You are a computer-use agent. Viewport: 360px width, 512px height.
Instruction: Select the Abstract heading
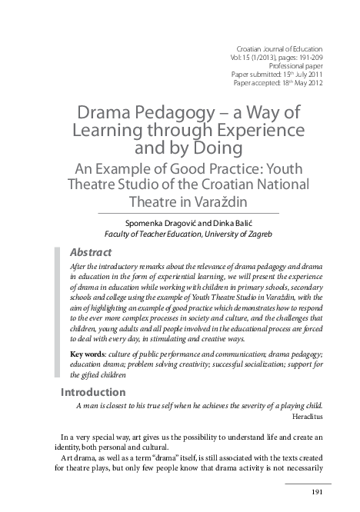pyautogui.click(x=91, y=252)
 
